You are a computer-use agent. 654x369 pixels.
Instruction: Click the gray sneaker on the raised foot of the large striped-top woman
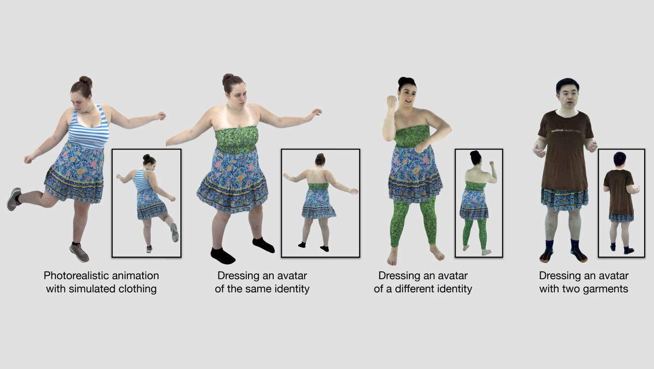click(14, 199)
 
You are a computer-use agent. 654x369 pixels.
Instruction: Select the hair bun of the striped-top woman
click(86, 81)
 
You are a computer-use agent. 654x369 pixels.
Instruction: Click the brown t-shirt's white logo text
click(565, 132)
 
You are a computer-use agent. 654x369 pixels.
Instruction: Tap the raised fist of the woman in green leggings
click(391, 102)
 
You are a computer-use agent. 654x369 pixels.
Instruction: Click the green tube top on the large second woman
click(236, 140)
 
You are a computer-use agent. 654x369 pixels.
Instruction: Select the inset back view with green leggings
click(479, 203)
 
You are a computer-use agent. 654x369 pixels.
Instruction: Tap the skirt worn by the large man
click(564, 199)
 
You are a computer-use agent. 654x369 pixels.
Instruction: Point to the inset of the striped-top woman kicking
click(146, 203)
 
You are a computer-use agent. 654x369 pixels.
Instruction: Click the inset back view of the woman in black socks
click(320, 203)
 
